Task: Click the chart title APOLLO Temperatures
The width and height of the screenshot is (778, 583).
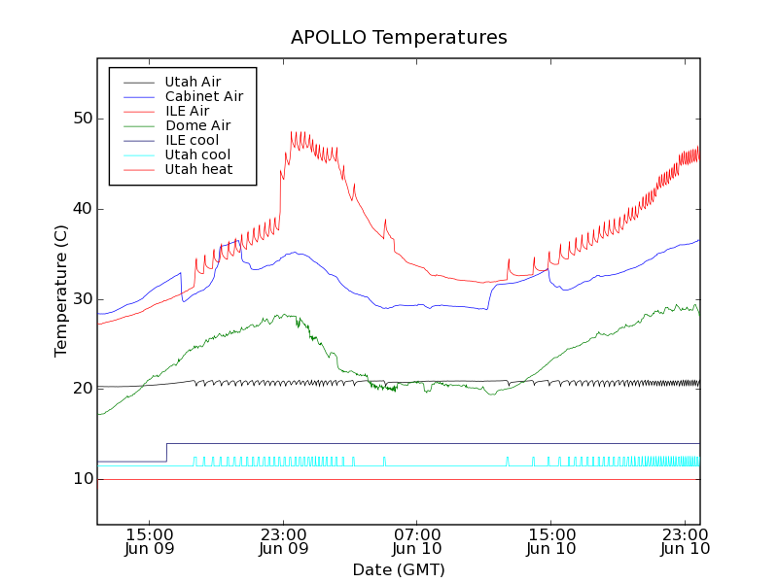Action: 399,38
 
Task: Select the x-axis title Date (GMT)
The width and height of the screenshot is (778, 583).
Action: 399,569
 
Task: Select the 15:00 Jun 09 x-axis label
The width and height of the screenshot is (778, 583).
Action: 150,541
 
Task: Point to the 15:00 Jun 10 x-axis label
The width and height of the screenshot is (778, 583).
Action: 550,541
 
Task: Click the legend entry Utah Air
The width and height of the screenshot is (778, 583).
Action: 193,82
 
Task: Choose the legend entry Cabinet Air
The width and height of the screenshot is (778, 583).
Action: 203,96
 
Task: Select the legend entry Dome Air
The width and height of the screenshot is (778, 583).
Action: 197,125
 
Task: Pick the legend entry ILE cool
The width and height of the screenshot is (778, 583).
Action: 192,140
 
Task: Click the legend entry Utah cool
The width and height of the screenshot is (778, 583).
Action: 197,154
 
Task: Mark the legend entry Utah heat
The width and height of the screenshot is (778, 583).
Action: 197,169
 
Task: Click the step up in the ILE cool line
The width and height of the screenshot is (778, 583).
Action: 166,452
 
